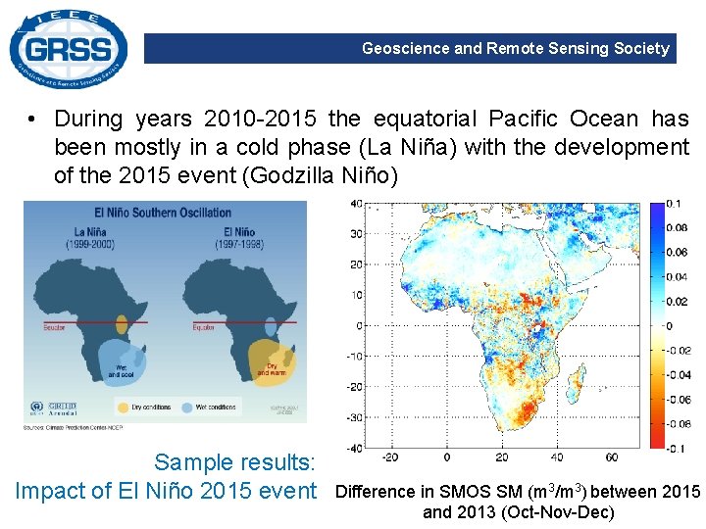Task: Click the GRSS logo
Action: click(68, 48)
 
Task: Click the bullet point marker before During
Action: click(33, 120)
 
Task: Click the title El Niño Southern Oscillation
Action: click(164, 213)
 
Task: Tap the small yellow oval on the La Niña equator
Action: click(122, 323)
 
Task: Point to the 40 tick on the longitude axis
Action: click(557, 457)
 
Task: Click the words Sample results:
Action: click(234, 462)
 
